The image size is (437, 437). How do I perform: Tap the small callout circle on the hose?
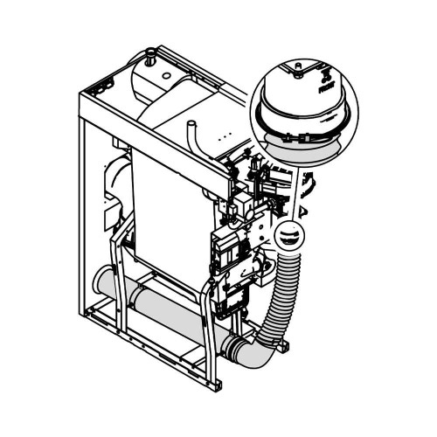(288, 236)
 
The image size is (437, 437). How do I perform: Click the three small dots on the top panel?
(225, 139)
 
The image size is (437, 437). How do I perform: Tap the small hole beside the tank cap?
(162, 63)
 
